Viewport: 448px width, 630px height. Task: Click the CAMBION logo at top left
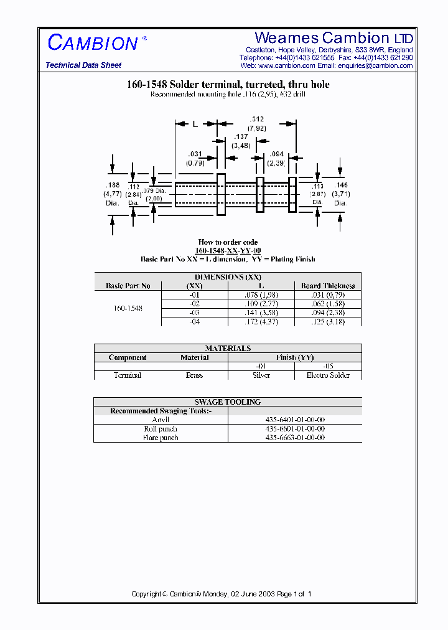click(93, 43)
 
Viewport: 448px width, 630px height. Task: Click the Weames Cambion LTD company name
click(334, 38)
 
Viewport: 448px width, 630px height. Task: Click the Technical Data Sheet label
click(83, 65)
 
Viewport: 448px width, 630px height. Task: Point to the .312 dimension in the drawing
click(256, 119)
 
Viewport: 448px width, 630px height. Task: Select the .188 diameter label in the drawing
click(112, 185)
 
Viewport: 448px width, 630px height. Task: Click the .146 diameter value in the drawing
click(341, 186)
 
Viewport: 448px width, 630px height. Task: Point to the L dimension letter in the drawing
click(195, 124)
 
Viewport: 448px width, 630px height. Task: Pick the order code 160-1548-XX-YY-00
click(228, 251)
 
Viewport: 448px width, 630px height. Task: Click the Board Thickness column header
click(328, 286)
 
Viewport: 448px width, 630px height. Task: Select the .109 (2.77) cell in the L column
click(261, 304)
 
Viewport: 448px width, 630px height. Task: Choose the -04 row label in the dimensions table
click(195, 321)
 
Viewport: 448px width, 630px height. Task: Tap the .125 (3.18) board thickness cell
click(328, 321)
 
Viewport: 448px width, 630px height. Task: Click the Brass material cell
click(195, 375)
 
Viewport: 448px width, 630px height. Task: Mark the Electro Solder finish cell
click(328, 375)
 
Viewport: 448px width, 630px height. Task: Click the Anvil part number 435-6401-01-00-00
click(295, 420)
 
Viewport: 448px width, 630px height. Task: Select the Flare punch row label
click(161, 438)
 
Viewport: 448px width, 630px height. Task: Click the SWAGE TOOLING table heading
click(228, 402)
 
